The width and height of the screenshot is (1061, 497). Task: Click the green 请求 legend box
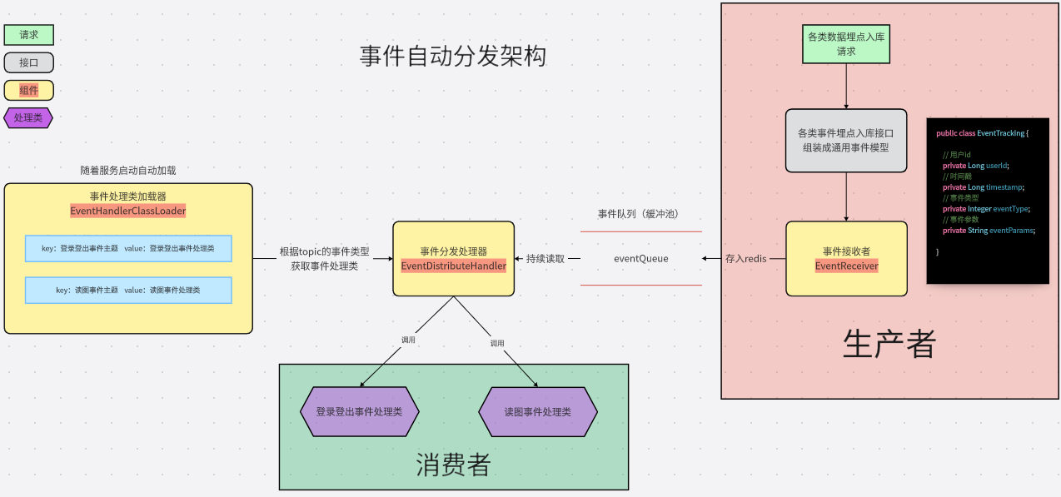click(x=29, y=35)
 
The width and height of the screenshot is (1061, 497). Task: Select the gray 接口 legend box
click(x=29, y=62)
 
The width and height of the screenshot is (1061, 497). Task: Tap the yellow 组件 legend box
click(x=29, y=90)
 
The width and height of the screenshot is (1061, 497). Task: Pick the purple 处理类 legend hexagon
click(x=28, y=117)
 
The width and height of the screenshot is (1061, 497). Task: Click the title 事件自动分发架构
click(x=453, y=57)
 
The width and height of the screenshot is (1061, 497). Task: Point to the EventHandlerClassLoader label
click(x=128, y=211)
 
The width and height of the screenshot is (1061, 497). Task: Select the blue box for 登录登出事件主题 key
click(x=128, y=248)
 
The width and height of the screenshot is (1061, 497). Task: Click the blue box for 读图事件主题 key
click(x=128, y=290)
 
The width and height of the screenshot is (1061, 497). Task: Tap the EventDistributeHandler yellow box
click(x=454, y=258)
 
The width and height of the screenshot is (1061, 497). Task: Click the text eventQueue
click(x=641, y=259)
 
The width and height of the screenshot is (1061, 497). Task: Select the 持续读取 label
click(x=545, y=259)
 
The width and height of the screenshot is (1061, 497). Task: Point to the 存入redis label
click(x=745, y=259)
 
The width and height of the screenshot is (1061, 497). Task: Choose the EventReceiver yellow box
click(x=846, y=258)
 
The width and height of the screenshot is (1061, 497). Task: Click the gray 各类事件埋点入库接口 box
click(x=846, y=140)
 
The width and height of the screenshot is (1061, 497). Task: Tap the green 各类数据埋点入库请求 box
click(x=846, y=44)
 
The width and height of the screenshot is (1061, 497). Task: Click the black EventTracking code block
click(x=987, y=200)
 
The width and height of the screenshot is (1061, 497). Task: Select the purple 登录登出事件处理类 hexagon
click(x=359, y=412)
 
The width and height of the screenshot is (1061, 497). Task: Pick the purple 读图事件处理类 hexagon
click(x=538, y=412)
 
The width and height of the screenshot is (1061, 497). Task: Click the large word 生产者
click(x=889, y=343)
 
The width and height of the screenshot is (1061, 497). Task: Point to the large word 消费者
click(x=453, y=465)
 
